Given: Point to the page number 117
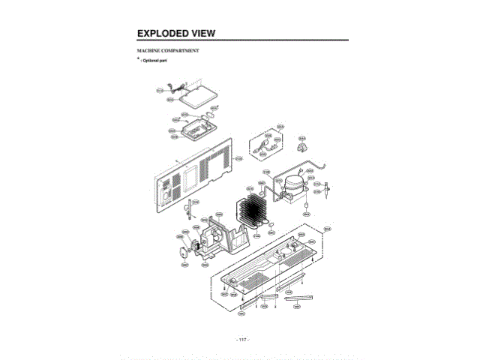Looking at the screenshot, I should [x=242, y=339].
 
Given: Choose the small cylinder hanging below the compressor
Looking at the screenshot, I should [x=306, y=204].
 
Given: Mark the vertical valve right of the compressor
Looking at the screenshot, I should [x=328, y=193].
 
